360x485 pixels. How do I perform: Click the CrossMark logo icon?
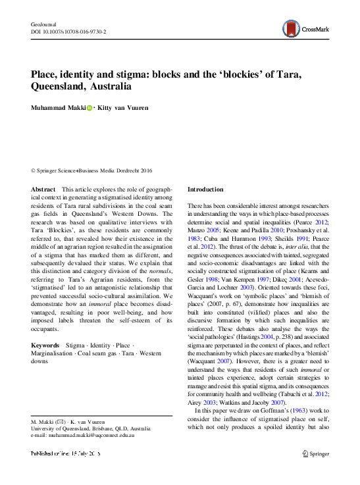292,28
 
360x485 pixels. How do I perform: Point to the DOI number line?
69,32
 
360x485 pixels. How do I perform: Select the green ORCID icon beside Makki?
90,107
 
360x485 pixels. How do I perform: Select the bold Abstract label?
43,189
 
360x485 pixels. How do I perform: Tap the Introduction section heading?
205,189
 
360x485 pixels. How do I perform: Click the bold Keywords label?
45,345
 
